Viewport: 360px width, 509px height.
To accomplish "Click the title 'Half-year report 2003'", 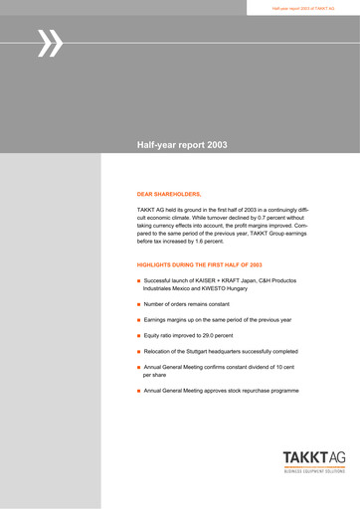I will point(182,145).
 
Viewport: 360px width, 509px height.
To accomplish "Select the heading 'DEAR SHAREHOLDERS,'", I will point(169,193).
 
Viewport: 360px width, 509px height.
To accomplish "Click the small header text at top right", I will point(302,8).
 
